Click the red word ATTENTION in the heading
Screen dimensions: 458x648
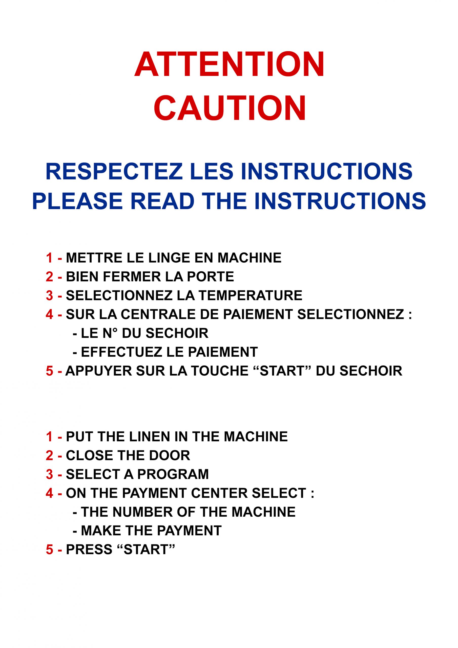pos(229,64)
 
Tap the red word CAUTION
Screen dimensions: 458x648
pos(230,108)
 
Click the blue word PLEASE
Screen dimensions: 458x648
pos(77,201)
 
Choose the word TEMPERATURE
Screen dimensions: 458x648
pos(250,295)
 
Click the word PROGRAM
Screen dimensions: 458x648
pos(173,474)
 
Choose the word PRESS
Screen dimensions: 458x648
pos(89,550)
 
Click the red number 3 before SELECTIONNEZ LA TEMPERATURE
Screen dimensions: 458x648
pos(49,295)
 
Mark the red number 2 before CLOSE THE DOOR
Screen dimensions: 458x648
pos(49,456)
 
